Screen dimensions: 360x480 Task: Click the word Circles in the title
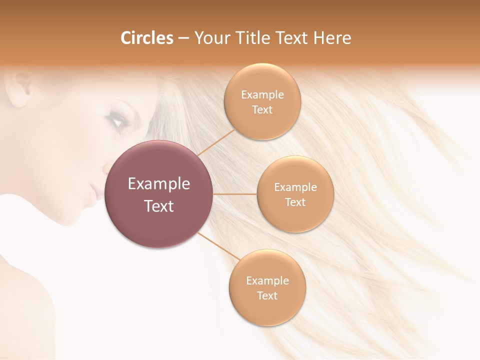146,38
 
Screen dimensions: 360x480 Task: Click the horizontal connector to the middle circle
235,194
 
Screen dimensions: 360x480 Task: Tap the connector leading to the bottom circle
220,246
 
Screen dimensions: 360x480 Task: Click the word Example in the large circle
159,184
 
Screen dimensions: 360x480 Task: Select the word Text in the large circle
159,206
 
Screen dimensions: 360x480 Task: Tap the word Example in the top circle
262,95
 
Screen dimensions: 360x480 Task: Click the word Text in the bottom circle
267,296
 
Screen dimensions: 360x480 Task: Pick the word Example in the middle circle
295,187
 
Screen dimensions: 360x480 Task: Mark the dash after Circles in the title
183,38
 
